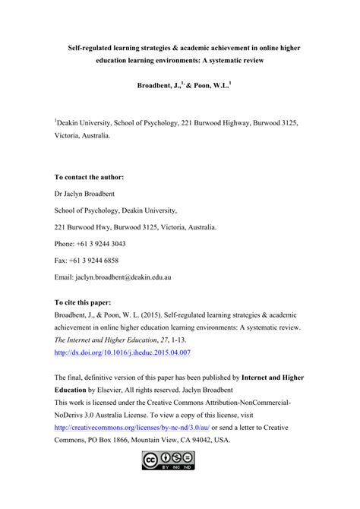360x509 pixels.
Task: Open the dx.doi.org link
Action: point(122,353)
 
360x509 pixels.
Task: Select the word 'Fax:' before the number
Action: point(62,261)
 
